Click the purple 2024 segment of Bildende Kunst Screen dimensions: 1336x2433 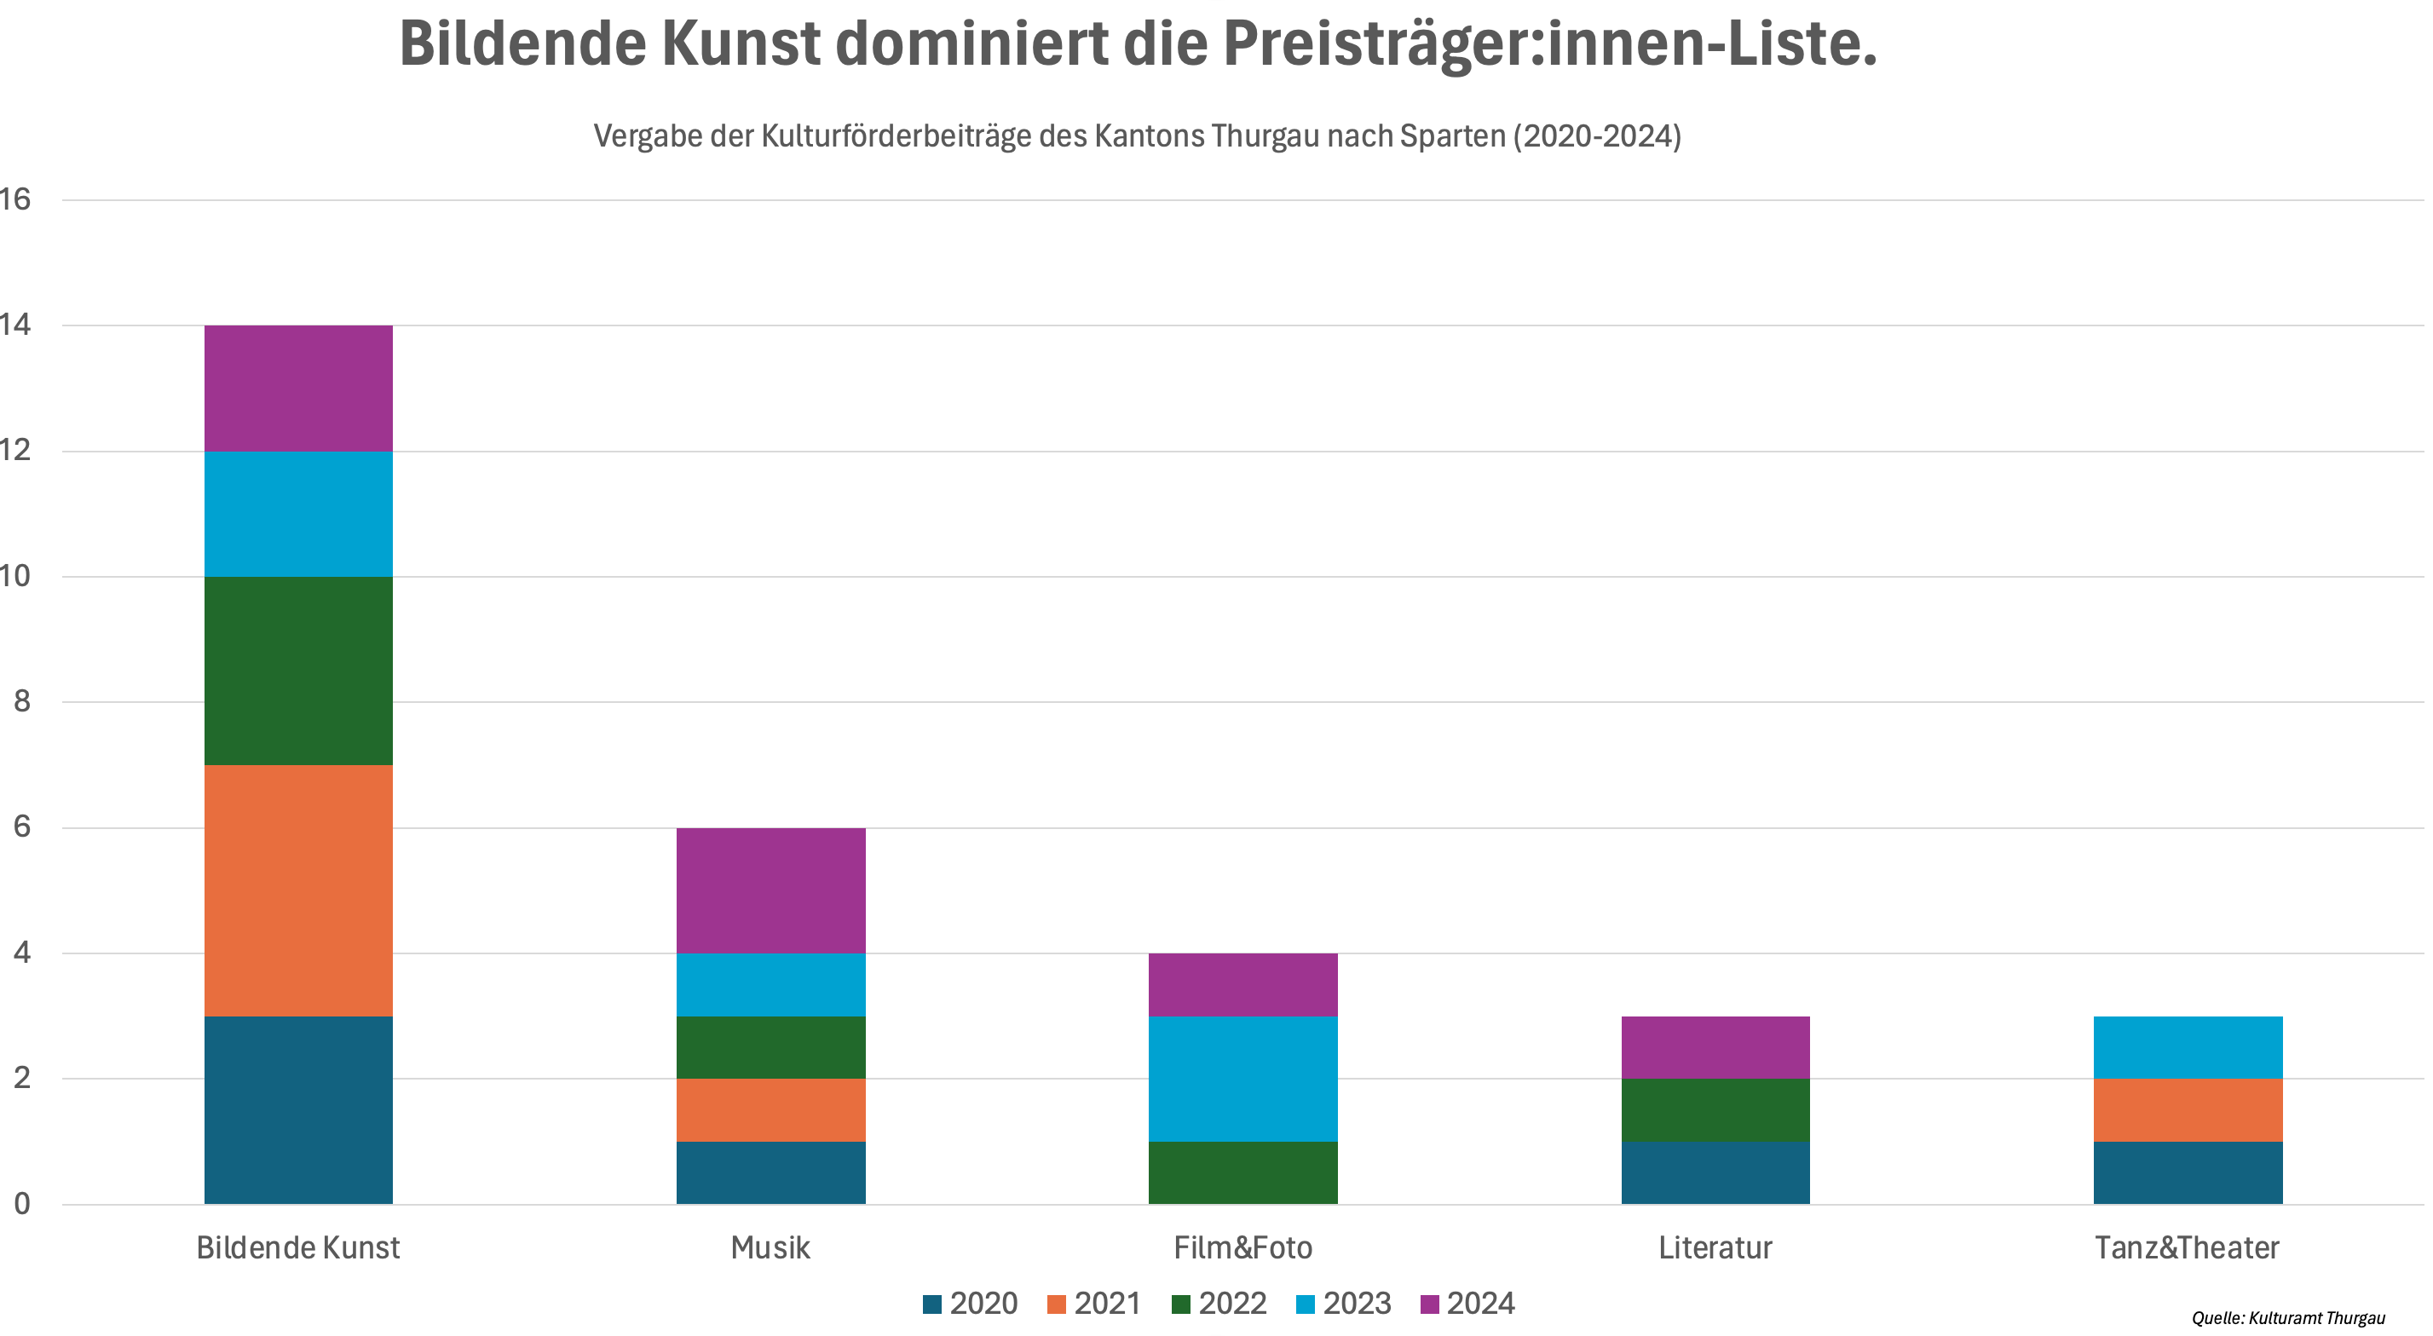(x=297, y=388)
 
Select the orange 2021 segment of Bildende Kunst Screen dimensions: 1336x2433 (x=297, y=890)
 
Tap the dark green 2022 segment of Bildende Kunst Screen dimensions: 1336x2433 (x=297, y=671)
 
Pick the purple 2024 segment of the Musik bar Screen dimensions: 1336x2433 (x=770, y=890)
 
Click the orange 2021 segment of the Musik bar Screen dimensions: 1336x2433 (x=770, y=1109)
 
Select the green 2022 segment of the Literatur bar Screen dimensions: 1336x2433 (x=1715, y=1109)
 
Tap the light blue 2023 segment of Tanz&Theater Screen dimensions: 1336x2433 (x=2188, y=1047)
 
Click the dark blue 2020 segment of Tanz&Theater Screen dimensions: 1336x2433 (x=2188, y=1172)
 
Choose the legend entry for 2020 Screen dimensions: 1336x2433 (x=970, y=1304)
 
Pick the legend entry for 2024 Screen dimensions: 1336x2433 (x=1467, y=1304)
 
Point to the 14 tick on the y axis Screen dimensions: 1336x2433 (x=16, y=325)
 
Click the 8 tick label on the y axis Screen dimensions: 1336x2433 (x=21, y=701)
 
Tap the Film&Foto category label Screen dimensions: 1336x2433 (x=1243, y=1248)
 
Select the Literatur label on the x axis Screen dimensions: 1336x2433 (x=1715, y=1248)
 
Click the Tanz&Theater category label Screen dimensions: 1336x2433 (x=2188, y=1248)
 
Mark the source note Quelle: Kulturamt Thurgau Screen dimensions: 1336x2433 (x=2288, y=1318)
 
